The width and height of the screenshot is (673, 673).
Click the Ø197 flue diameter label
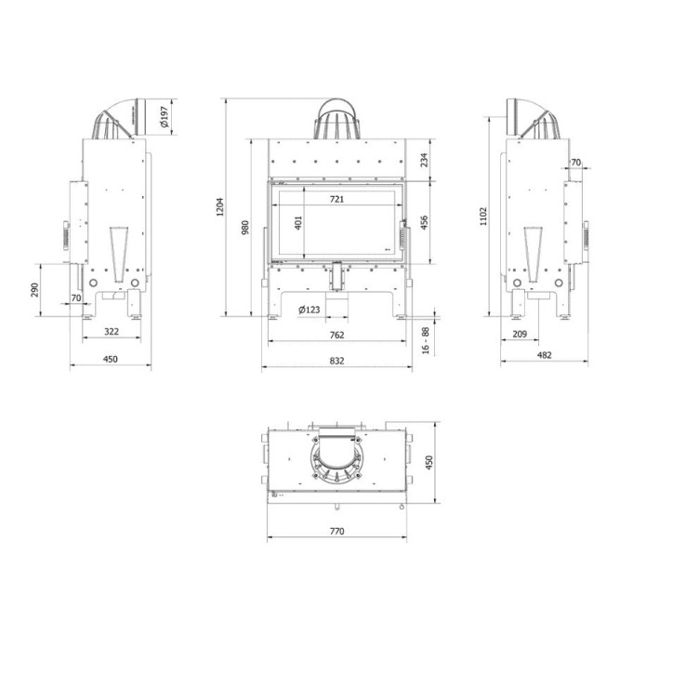164,116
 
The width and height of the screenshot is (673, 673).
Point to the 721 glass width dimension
336,199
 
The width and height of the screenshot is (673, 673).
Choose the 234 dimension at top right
424,160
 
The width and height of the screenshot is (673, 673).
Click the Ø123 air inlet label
310,310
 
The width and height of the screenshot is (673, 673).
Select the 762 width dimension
336,334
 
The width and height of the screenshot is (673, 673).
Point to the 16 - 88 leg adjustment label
425,338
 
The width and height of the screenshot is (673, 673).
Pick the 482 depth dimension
545,354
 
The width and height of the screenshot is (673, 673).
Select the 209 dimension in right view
520,333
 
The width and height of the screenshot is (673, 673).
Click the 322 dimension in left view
112,332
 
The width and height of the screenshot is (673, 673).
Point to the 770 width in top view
336,531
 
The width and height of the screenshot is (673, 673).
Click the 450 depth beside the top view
429,463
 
